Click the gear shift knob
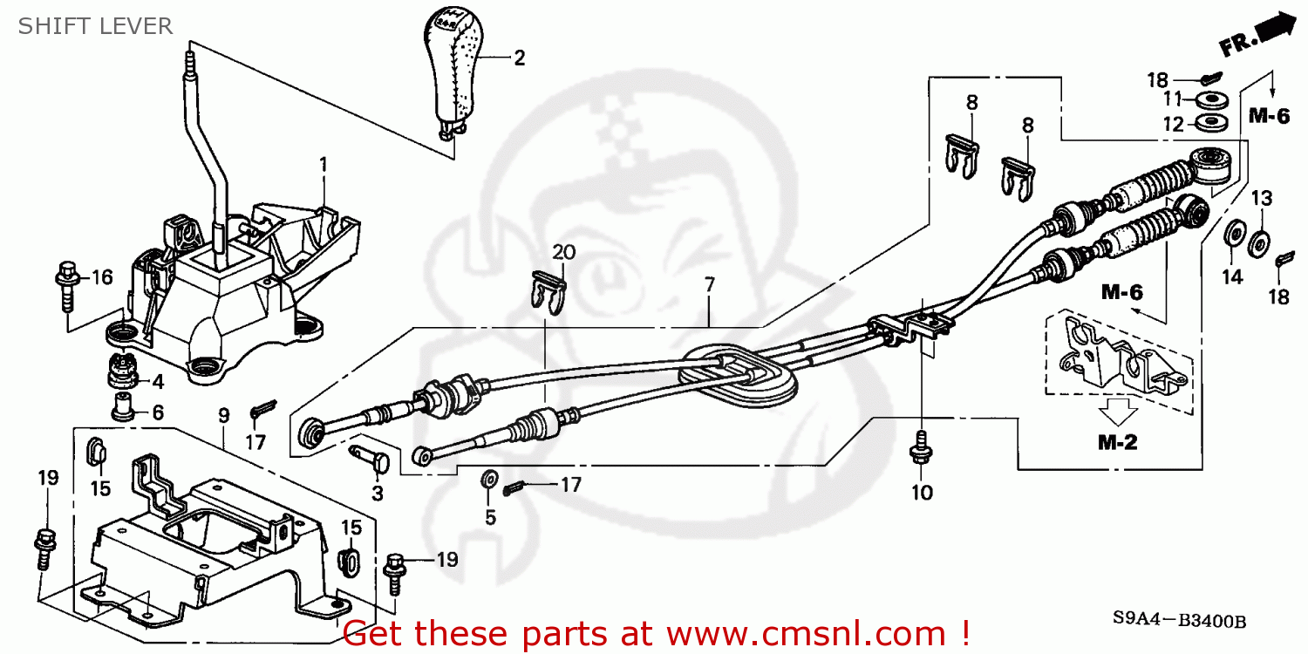tap(453, 70)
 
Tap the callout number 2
tap(519, 58)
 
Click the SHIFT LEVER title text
tap(95, 26)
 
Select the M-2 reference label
tap(1117, 442)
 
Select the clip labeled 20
tap(548, 288)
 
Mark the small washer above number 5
tap(490, 479)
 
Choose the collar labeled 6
tap(123, 405)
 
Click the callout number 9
tap(223, 416)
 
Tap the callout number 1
tap(323, 163)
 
